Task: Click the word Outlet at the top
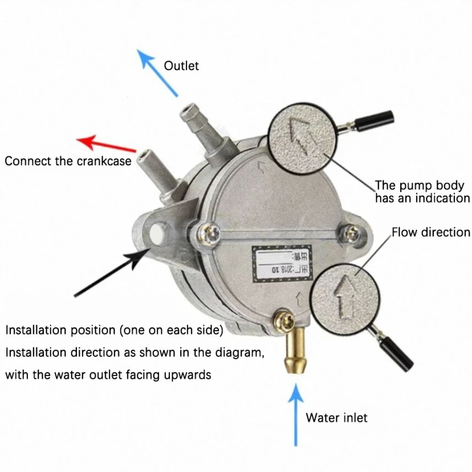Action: pos(181,66)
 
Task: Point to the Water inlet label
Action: pos(336,417)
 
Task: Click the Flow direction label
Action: pos(430,232)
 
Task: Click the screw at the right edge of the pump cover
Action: pos(351,232)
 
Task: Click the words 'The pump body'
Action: pos(419,185)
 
